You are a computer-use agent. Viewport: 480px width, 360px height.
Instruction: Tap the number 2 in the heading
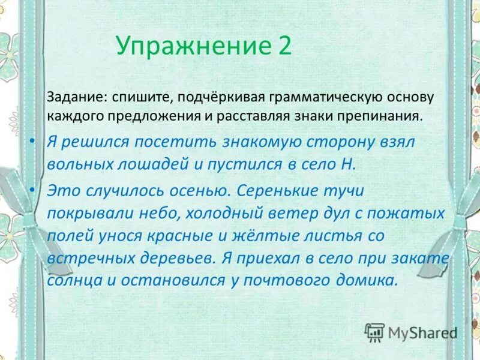pyautogui.click(x=284, y=46)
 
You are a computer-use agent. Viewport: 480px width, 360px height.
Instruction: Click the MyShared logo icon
pyautogui.click(x=375, y=332)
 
